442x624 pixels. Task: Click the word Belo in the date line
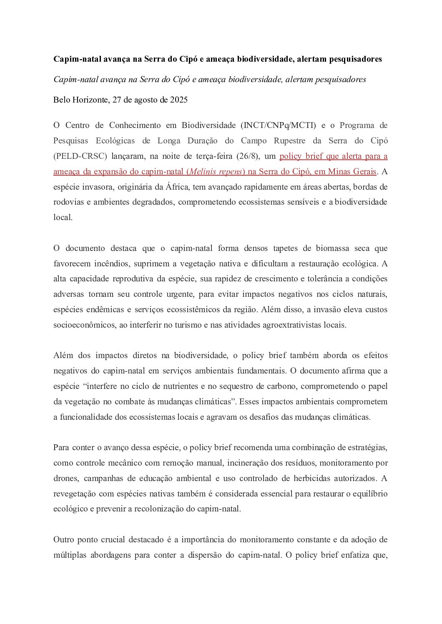pyautogui.click(x=62, y=100)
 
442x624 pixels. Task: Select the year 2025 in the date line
pyautogui.click(x=179, y=100)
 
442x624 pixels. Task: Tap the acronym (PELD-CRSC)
pyautogui.click(x=80, y=156)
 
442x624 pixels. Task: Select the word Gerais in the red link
pyautogui.click(x=364, y=171)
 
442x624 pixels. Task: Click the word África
pyautogui.click(x=177, y=187)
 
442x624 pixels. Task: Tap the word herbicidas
pyautogui.click(x=311, y=478)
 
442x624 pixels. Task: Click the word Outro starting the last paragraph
pyautogui.click(x=64, y=539)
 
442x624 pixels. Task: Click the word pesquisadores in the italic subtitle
pyautogui.click(x=340, y=79)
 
